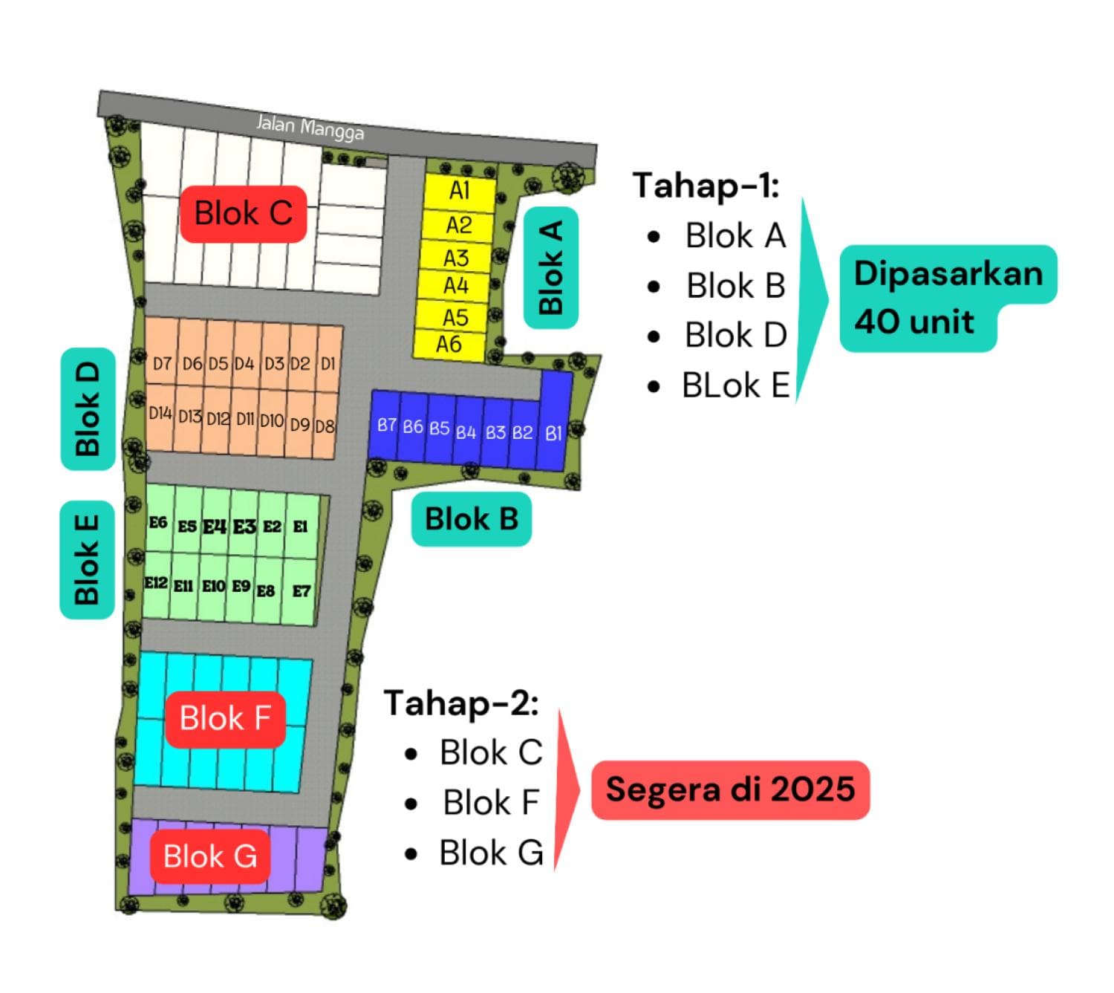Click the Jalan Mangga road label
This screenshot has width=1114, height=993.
[x=310, y=127]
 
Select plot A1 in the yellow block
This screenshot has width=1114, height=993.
[x=459, y=191]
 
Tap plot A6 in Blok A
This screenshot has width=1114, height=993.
[x=449, y=345]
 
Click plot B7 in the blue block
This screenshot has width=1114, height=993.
[x=386, y=426]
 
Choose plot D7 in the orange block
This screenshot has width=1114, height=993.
[x=162, y=362]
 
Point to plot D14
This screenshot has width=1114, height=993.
[x=160, y=414]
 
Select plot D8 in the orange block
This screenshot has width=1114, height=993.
[x=325, y=426]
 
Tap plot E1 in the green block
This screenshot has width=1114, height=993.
[x=300, y=526]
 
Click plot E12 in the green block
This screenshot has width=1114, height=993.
[x=156, y=583]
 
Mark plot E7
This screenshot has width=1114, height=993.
[x=301, y=591]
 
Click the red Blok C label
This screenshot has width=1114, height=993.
[x=243, y=214]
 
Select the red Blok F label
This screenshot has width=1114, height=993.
[x=225, y=719]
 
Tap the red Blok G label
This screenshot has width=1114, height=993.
[x=210, y=856]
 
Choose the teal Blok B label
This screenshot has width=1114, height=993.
[x=472, y=519]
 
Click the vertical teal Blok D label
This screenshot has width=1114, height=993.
[x=88, y=408]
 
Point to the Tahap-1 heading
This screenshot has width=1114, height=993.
[x=706, y=185]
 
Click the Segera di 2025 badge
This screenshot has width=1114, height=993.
[x=730, y=789]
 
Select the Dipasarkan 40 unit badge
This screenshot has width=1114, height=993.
[x=948, y=298]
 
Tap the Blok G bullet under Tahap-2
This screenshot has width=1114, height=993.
[x=491, y=853]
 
